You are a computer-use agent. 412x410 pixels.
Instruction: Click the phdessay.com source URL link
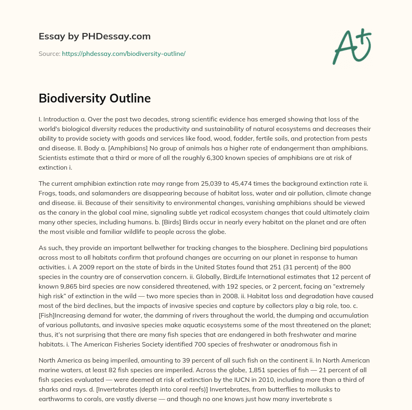tap(124, 53)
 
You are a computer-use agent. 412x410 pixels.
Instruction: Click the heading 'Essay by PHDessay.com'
tap(95, 37)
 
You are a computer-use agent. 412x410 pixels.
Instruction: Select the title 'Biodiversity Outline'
tap(95, 98)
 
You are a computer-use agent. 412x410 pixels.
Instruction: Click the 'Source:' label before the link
tap(49, 53)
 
